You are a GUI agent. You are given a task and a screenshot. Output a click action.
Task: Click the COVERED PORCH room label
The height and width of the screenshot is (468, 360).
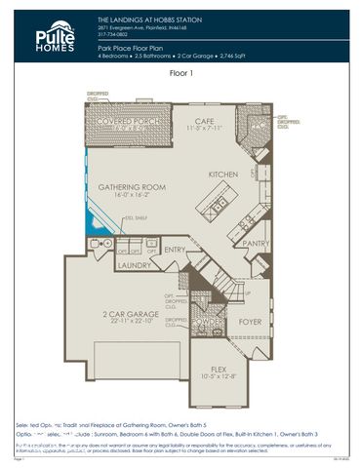click(121, 121)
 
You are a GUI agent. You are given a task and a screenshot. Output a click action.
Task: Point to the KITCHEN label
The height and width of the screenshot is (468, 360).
click(223, 174)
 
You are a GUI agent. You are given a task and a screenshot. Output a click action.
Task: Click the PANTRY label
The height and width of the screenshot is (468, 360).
click(256, 244)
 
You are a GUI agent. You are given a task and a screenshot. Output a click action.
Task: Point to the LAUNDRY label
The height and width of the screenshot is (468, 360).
click(134, 264)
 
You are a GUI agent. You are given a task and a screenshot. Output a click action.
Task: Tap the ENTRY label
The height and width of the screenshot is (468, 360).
click(176, 251)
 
